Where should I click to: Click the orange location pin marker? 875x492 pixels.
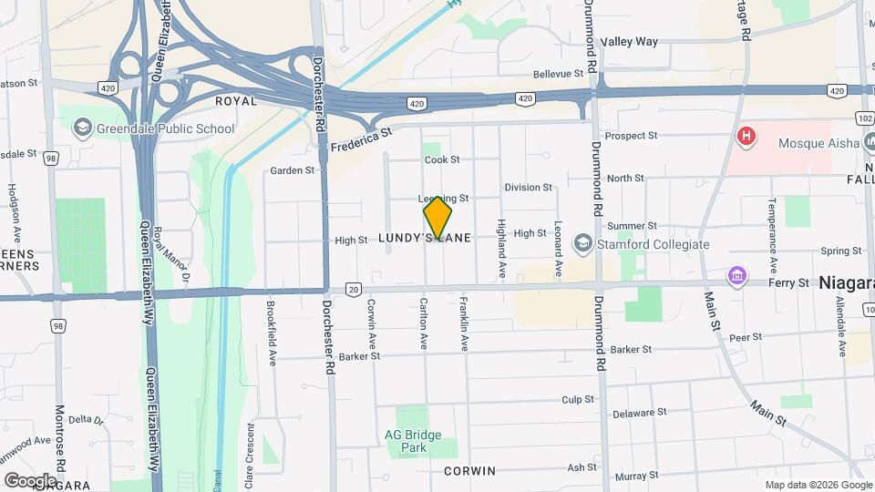pyautogui.click(x=437, y=218)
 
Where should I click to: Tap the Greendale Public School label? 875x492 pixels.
pyautogui.click(x=165, y=128)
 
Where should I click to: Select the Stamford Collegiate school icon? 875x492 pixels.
pyautogui.click(x=582, y=244)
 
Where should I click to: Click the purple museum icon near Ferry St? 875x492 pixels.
pyautogui.click(x=736, y=275)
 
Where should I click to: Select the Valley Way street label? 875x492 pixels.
pyautogui.click(x=630, y=42)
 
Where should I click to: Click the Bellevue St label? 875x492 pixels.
pyautogui.click(x=557, y=74)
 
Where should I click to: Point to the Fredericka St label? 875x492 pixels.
pyautogui.click(x=360, y=138)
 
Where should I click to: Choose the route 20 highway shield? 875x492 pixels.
pyautogui.click(x=353, y=289)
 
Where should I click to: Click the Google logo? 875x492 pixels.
pyautogui.click(x=30, y=480)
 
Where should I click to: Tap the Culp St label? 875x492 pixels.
pyautogui.click(x=578, y=399)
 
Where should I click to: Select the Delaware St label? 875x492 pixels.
pyautogui.click(x=633, y=414)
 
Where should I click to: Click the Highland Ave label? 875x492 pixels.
pyautogui.click(x=501, y=249)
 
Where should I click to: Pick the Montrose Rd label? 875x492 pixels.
pyautogui.click(x=60, y=437)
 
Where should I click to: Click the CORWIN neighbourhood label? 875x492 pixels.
pyautogui.click(x=469, y=471)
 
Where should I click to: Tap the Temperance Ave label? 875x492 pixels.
pyautogui.click(x=772, y=226)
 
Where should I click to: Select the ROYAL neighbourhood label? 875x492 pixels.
pyautogui.click(x=237, y=101)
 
